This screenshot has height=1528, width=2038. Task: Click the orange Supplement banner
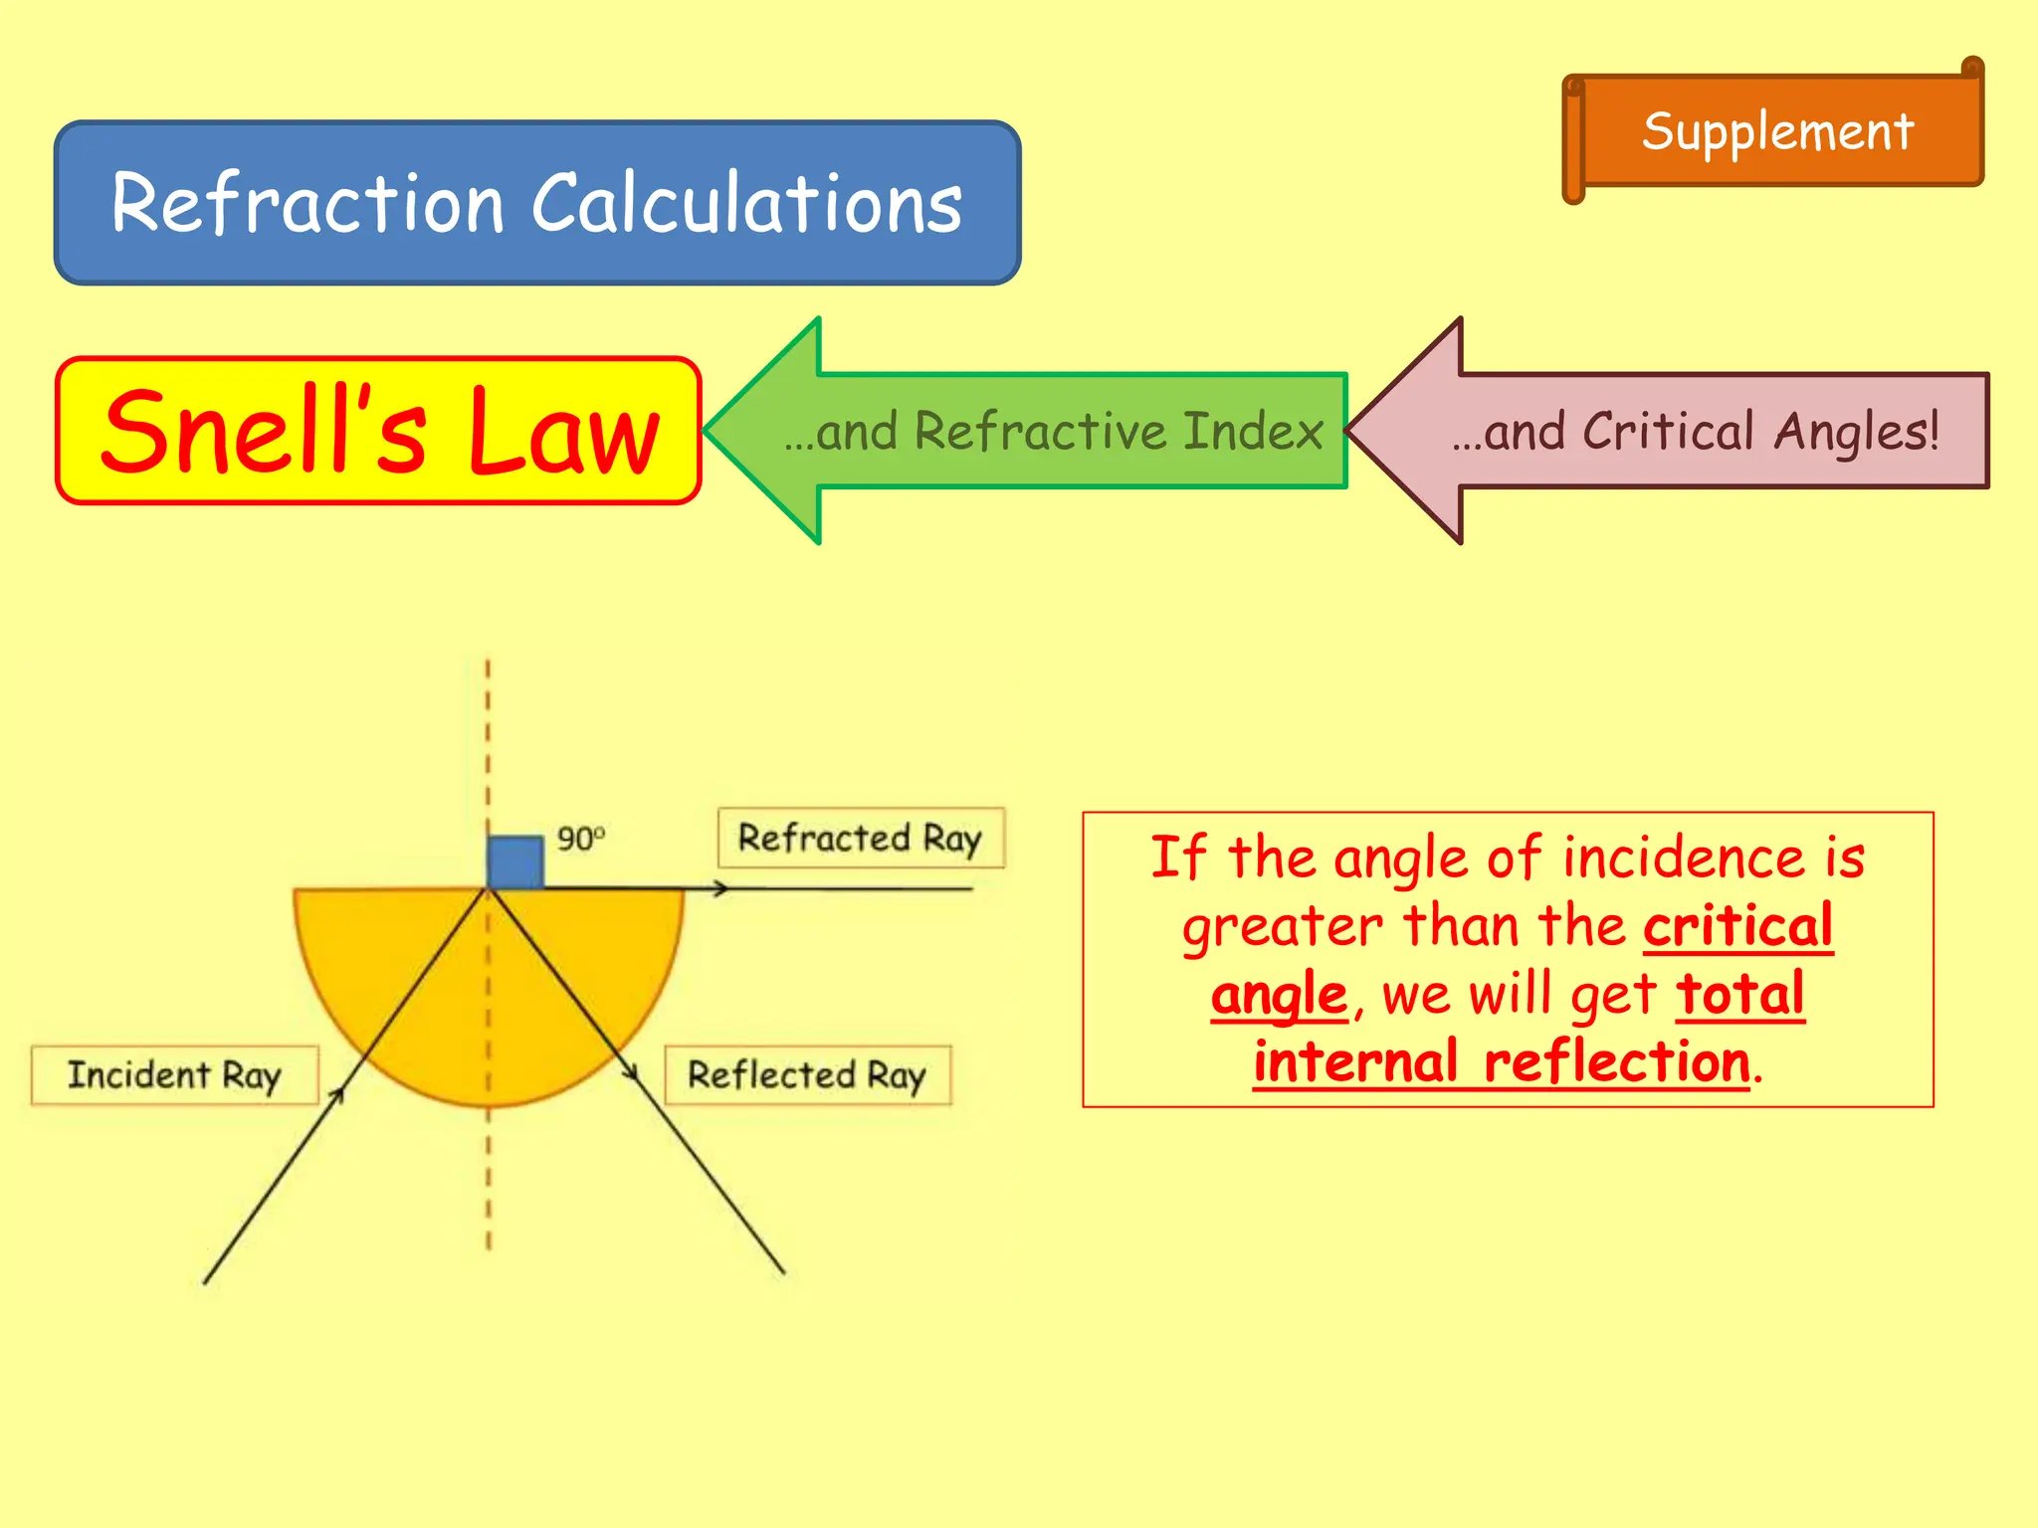point(1777,131)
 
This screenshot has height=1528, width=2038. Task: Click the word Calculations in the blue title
point(746,204)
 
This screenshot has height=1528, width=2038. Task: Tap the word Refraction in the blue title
point(308,204)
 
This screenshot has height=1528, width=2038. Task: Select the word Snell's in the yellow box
point(264,433)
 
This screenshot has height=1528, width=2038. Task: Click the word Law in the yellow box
point(563,433)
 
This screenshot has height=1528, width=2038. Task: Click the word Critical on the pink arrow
point(1668,432)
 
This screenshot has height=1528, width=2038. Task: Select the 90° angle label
point(580,839)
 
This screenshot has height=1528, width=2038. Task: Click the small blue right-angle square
point(515,862)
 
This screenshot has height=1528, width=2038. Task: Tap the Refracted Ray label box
point(861,838)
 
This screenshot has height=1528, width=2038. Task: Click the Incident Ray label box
point(174,1075)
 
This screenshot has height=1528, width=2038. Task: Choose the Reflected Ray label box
point(807,1075)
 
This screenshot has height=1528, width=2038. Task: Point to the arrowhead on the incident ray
point(338,1094)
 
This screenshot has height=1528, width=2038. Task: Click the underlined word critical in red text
point(1737,926)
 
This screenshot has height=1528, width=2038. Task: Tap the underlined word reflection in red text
point(1616,1061)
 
